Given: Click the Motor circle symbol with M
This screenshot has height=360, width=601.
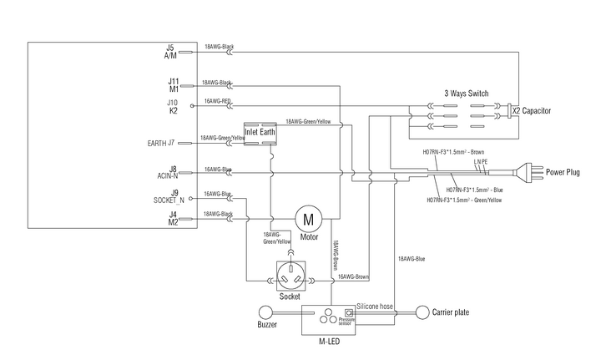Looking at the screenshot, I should (309, 220).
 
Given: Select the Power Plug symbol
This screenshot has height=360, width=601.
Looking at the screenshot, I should (525, 173).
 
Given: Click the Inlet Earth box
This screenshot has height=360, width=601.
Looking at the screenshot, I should (260, 134).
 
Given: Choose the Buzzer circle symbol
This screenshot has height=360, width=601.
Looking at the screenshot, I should (267, 313).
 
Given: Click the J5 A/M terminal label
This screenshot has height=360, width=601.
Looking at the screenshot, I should (170, 51).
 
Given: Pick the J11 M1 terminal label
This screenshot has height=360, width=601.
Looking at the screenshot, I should (173, 84).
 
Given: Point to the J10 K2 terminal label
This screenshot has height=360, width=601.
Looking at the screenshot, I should (172, 106).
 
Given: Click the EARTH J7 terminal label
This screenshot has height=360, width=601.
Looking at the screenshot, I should (159, 143).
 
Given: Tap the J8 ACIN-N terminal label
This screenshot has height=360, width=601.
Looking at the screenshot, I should (166, 173).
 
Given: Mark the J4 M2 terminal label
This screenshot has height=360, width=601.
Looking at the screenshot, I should (172, 219).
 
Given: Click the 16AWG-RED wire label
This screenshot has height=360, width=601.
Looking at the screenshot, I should (217, 101).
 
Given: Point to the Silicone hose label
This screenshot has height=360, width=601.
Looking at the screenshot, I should (374, 307).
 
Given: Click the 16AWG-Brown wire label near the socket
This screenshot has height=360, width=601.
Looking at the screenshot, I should (353, 276).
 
